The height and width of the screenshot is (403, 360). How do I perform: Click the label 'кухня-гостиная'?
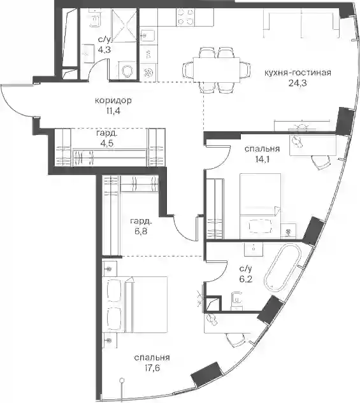tap(298, 73)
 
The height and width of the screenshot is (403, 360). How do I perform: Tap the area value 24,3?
tap(298, 83)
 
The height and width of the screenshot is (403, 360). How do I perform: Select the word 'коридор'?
tap(113, 100)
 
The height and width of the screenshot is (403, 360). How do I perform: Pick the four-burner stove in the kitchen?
tap(185, 17)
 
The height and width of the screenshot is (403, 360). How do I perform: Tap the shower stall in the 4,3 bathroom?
tap(125, 24)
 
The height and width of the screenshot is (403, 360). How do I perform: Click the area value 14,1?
tap(262, 160)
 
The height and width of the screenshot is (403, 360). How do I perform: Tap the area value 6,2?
tap(245, 279)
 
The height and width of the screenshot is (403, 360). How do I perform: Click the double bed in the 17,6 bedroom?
tap(134, 304)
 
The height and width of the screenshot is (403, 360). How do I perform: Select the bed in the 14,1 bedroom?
tap(260, 206)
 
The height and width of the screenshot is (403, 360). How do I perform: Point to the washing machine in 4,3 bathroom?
tap(127, 70)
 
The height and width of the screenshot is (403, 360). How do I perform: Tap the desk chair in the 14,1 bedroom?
tap(320, 162)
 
